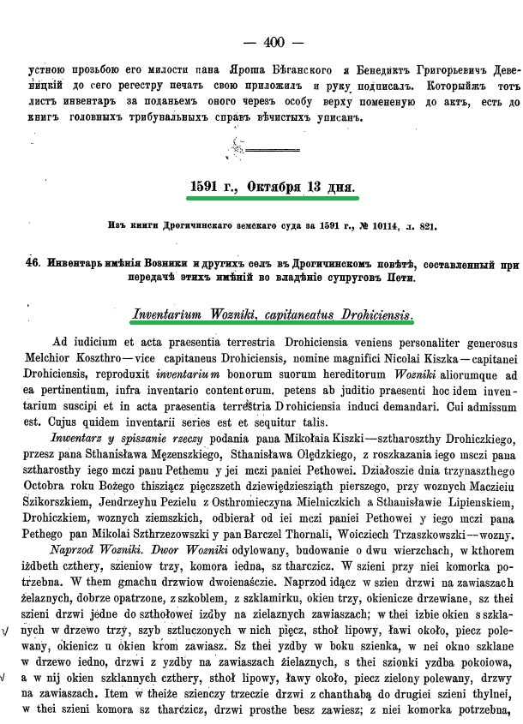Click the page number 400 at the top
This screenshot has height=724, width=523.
click(x=274, y=41)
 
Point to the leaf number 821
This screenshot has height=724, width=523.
click(x=426, y=226)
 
